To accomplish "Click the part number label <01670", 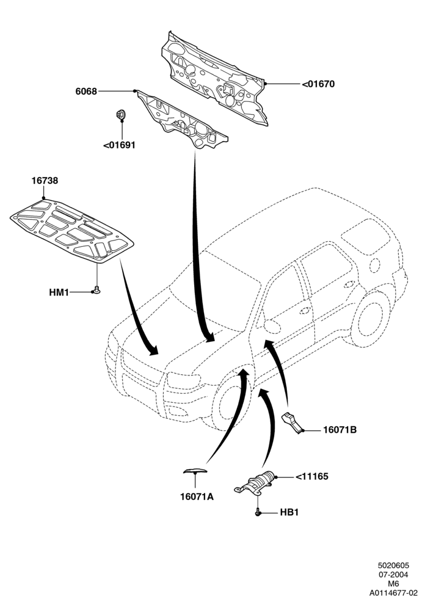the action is point(318,84).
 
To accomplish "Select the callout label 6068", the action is point(86,92).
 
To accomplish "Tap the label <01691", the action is point(120,145).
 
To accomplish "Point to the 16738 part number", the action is point(45,180).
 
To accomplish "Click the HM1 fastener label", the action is point(59,292).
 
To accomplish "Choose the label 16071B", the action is point(340,430).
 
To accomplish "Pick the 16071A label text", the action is point(197,496).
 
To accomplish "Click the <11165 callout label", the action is point(312,476).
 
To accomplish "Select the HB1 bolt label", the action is point(289,512).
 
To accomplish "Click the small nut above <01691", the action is point(120,114).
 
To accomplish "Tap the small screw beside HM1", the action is point(96,289).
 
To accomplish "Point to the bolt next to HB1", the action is point(257,512).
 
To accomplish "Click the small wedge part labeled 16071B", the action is point(292,422).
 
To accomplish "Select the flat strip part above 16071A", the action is point(195,471).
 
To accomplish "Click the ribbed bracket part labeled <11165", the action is point(255,483).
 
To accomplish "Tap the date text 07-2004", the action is point(394,574).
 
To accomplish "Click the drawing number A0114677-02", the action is point(393,593).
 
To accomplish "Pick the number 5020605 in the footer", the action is point(394,566).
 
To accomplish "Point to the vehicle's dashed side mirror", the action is point(272,327).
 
